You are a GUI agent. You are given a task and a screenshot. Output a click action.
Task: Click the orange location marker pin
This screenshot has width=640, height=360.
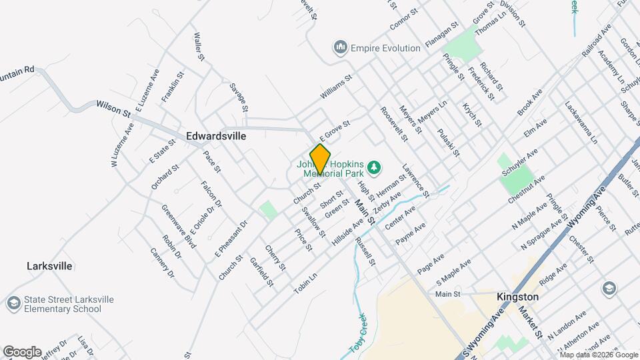pyautogui.click(x=320, y=159)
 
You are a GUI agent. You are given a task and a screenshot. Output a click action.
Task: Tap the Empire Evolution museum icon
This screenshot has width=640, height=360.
pyautogui.click(x=341, y=47)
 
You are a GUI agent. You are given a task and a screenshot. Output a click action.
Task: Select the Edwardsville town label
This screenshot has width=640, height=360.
pyautogui.click(x=216, y=136)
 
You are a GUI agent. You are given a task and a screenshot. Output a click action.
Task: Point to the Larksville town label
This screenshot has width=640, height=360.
pyautogui.click(x=49, y=265)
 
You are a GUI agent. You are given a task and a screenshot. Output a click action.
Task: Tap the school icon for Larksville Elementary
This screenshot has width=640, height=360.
pyautogui.click(x=13, y=304)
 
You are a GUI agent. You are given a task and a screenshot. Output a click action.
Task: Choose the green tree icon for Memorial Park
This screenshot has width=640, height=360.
pyautogui.click(x=375, y=166)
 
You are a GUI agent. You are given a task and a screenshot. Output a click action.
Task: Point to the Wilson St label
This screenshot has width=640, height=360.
pyautogui.click(x=113, y=107)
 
